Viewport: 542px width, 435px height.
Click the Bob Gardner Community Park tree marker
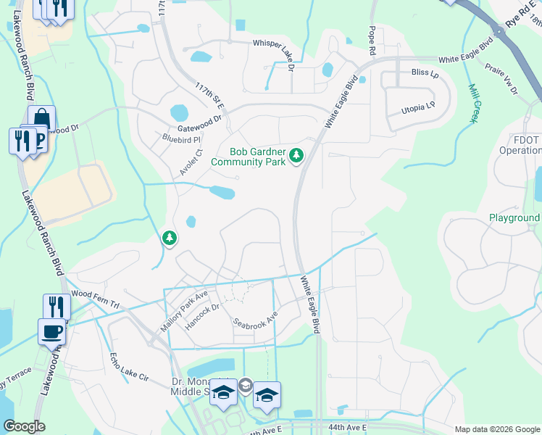point(296,155)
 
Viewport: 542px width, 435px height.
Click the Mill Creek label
point(475,104)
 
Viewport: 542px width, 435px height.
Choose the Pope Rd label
point(372,41)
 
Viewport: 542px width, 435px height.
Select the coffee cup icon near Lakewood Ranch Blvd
point(51,331)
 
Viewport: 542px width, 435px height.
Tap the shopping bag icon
point(41,118)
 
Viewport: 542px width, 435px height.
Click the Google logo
point(24,426)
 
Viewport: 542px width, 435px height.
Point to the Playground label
point(514,217)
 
